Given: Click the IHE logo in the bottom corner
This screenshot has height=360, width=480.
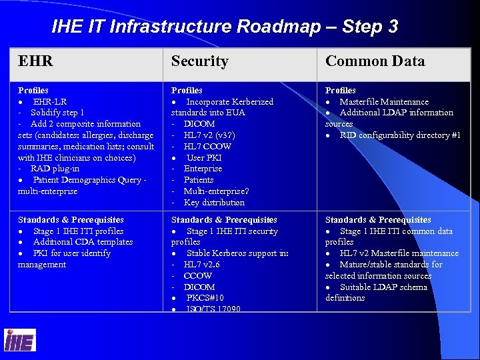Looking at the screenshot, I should point(19,341).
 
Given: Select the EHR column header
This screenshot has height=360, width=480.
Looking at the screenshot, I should point(35,61).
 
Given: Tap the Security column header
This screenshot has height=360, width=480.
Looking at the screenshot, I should point(199,61).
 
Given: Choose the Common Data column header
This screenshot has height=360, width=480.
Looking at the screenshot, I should point(375,61).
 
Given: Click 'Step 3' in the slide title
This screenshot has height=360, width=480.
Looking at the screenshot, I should point(370,27).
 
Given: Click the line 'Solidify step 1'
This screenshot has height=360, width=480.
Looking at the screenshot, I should point(57,113).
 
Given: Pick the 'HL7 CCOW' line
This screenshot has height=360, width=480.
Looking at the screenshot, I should point(207,147).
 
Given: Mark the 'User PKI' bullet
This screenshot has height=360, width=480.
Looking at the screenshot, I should point(204,158).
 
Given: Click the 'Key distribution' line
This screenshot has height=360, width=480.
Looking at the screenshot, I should point(214,203).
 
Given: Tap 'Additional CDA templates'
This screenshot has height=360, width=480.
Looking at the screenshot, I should point(83,242).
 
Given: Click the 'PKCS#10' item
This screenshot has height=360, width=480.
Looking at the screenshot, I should point(205,298).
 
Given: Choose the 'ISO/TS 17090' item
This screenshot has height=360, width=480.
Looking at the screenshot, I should point(213,309).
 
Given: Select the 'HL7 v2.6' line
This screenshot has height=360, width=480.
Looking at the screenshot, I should point(202,265).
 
